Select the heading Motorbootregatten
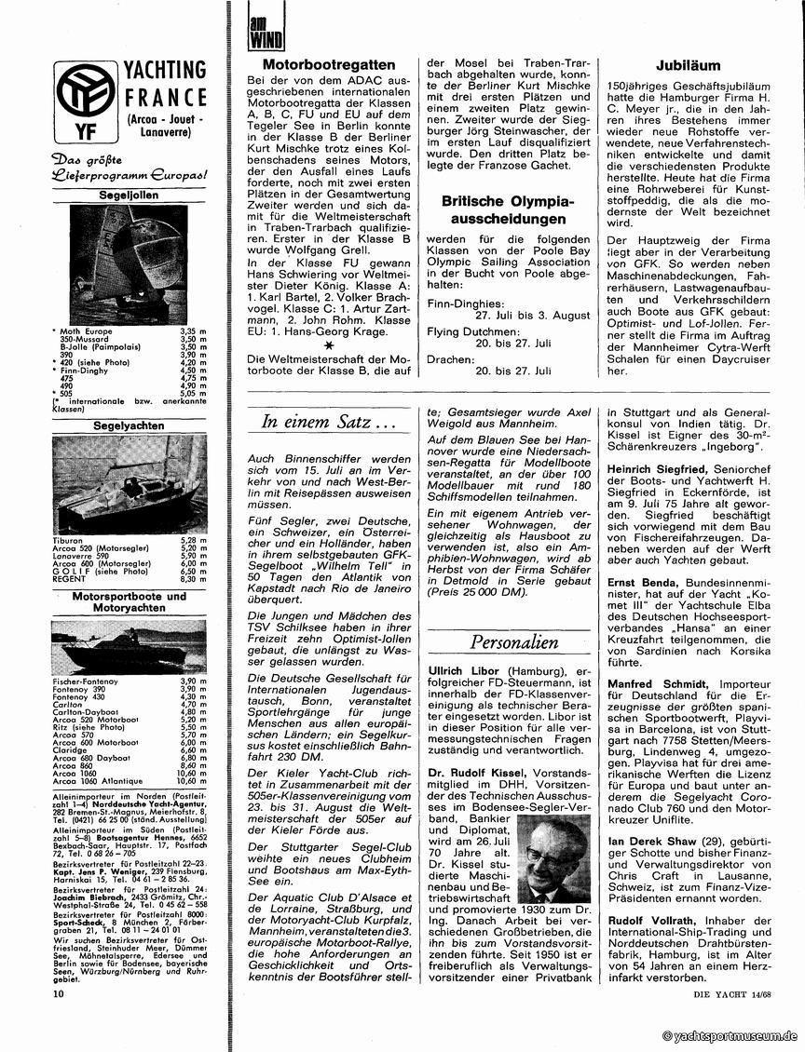click(329, 65)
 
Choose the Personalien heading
click(513, 641)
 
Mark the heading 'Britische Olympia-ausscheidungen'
click(508, 209)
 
